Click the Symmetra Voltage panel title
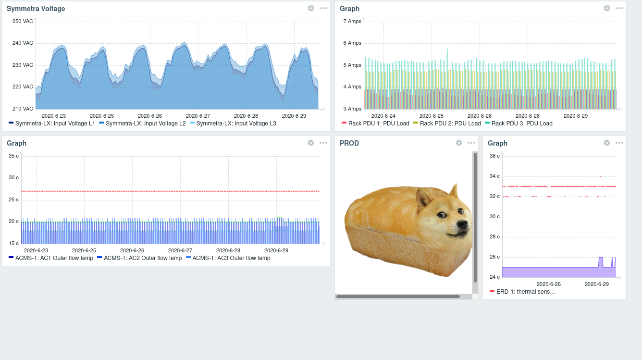(36, 9)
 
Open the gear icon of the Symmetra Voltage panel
(311, 8)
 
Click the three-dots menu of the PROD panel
(471, 143)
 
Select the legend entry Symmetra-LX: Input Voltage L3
(236, 124)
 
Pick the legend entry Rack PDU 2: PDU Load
(450, 124)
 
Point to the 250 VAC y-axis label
(23, 21)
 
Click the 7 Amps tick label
(351, 21)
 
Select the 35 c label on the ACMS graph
(14, 156)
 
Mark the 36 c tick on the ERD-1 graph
(494, 156)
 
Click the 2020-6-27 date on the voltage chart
(198, 116)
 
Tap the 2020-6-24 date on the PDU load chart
(383, 116)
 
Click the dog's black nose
(463, 224)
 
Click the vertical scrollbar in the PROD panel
(475, 216)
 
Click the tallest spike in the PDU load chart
(447, 50)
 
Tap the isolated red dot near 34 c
(601, 176)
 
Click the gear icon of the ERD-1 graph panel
(607, 143)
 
